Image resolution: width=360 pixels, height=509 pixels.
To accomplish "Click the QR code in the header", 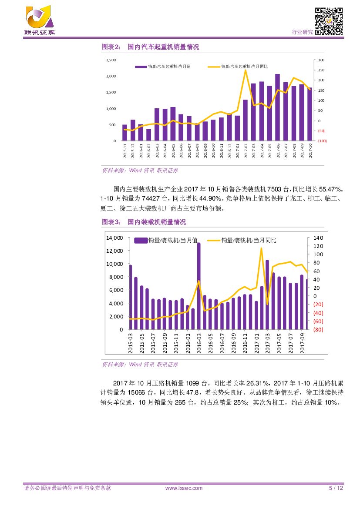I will tap(329, 21).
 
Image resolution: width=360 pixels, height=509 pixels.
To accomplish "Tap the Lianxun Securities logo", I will tap(40, 20).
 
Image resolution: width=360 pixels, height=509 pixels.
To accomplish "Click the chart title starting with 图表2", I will tap(150, 47).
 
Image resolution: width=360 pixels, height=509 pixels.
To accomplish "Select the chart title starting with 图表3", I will tap(144, 222).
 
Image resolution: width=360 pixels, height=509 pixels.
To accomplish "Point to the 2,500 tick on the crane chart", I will tap(111, 60).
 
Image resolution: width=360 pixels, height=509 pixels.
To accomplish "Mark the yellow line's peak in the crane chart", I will tap(246, 70).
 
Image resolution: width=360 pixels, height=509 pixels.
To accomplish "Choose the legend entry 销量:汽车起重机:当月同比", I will tap(244, 66).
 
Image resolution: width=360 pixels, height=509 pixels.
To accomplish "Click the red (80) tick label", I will tap(318, 329).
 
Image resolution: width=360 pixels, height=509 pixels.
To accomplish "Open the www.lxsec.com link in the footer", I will tap(184, 488).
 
